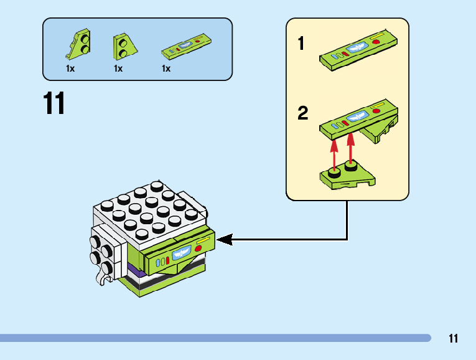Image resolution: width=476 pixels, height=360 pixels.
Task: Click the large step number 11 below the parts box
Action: (x=54, y=103)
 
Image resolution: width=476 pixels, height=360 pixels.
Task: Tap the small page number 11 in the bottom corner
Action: (x=453, y=339)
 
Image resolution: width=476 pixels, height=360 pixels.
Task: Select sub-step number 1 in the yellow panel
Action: (x=301, y=44)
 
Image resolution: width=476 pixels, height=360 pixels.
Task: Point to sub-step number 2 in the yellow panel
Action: (x=303, y=113)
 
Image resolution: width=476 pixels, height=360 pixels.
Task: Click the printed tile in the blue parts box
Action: (x=189, y=45)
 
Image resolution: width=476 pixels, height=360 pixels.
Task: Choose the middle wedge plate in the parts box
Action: (x=124, y=45)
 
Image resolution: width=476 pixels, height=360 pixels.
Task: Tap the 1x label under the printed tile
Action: (x=166, y=69)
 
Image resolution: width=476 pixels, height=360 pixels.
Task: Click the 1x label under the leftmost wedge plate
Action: (x=70, y=69)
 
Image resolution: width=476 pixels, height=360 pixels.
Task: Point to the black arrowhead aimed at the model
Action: (x=225, y=239)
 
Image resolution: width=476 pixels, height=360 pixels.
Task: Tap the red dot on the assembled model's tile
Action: (x=198, y=248)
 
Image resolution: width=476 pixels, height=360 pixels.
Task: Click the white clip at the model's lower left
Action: (x=101, y=276)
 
